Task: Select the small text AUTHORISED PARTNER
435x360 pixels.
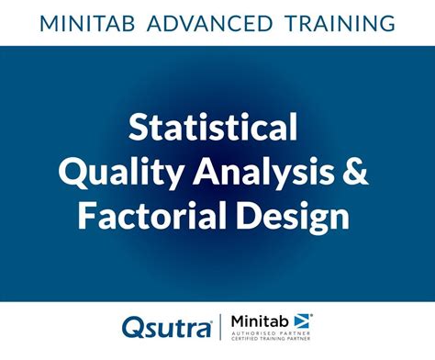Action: point(272,333)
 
